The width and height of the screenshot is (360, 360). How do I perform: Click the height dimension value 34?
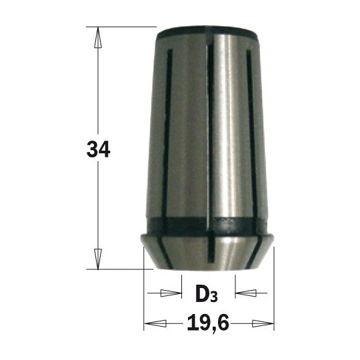pos(98,149)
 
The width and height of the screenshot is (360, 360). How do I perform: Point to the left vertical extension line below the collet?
pos(145,293)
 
